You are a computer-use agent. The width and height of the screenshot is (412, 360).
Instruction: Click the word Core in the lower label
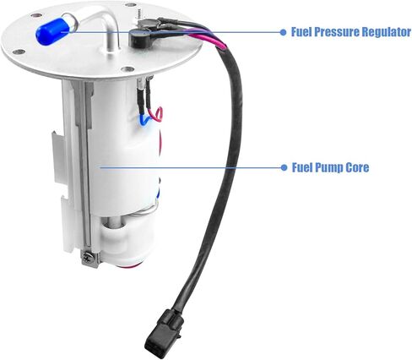[x=355, y=167]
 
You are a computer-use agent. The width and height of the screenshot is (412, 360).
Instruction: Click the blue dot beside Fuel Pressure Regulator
[x=283, y=32]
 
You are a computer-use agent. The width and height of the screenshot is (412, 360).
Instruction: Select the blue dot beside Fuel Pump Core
[x=283, y=167]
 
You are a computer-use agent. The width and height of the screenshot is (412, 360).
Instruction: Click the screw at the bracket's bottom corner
[x=86, y=256]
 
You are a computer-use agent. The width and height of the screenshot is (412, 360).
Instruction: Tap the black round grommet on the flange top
[x=139, y=39]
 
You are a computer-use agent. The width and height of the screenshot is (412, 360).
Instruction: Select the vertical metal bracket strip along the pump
[x=81, y=169]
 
